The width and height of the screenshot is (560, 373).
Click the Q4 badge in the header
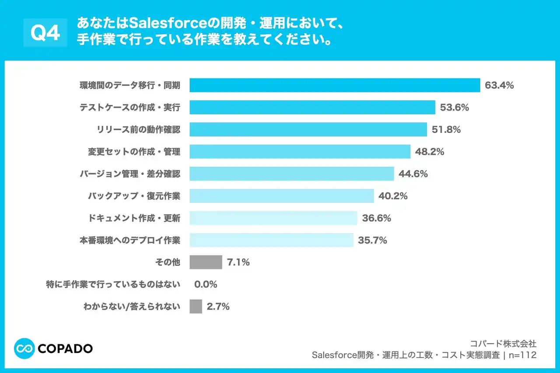tap(45, 33)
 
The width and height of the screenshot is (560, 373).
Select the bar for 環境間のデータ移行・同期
tap(335, 85)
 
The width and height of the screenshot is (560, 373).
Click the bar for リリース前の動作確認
tap(308, 129)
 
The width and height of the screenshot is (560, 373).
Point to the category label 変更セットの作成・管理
tap(134, 152)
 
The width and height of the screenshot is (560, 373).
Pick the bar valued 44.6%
tap(292, 174)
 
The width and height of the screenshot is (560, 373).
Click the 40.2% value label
tap(393, 196)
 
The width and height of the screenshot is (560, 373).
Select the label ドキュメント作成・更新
tap(134, 218)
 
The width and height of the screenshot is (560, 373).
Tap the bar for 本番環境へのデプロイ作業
tap(271, 240)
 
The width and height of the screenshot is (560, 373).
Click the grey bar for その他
tap(206, 262)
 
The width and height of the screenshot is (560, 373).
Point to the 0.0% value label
tap(205, 285)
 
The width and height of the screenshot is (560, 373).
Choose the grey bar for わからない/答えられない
tap(196, 307)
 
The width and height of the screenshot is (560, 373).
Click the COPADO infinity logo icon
tap(24, 349)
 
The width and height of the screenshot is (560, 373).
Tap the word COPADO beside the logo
tap(65, 349)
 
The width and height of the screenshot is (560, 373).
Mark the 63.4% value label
tap(499, 85)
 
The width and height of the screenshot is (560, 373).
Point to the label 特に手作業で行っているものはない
tap(113, 285)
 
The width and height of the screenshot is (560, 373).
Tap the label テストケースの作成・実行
tap(129, 108)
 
